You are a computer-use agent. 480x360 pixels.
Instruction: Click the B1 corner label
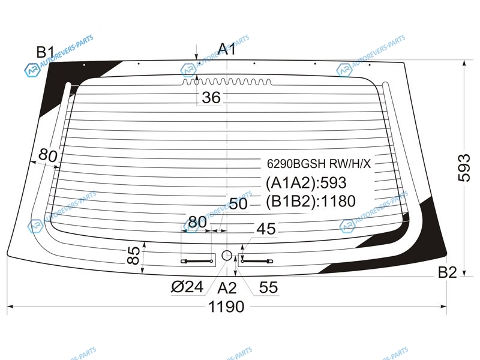pos(45,52)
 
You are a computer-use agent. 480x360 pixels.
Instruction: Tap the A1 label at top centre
pos(227,49)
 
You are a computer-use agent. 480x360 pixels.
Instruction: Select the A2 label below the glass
pos(227,288)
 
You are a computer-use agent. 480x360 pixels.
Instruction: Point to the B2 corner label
pos(447,272)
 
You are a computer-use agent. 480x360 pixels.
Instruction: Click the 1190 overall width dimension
pos(226,307)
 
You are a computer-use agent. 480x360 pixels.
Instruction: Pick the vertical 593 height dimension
pos(464,168)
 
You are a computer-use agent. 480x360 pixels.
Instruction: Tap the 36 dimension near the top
pos(211,98)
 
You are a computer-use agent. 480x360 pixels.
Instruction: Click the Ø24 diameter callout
pos(187,287)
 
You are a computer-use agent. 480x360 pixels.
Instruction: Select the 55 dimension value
pos(268,287)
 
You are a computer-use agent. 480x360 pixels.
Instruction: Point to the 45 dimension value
pos(266,229)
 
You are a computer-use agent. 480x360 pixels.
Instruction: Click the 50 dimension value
pos(238,203)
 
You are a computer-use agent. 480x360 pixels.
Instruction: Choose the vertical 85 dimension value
pos(134,256)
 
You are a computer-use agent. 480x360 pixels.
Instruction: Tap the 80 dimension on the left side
pos(48,155)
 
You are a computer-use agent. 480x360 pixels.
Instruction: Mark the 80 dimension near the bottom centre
pos(197,222)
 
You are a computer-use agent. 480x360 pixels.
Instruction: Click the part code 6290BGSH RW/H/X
pos(319,164)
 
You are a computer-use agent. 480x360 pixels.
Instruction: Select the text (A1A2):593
pos(306,183)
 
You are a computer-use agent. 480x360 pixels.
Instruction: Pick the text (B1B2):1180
pos(311,202)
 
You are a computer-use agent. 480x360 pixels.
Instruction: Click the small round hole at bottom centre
pos(227,255)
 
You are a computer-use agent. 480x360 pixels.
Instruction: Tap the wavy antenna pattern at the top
pos(227,82)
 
